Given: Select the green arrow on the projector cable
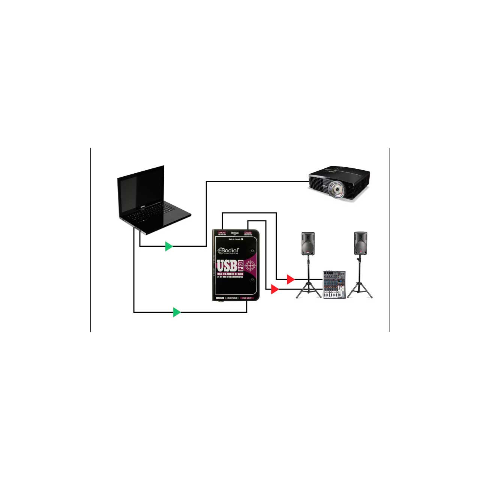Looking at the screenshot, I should pyautogui.click(x=169, y=246).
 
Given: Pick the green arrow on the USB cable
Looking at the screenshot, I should pyautogui.click(x=176, y=312).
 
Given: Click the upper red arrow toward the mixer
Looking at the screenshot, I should pyautogui.click(x=290, y=279).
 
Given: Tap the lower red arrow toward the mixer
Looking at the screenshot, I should pyautogui.click(x=274, y=289).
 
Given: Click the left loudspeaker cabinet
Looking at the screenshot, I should pyautogui.click(x=308, y=243).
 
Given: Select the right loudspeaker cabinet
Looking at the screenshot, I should pyautogui.click(x=360, y=243).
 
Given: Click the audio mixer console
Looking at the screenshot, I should pyautogui.click(x=334, y=285).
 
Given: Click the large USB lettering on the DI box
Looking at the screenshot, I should pyautogui.click(x=226, y=266).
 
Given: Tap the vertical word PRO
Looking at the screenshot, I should pyautogui.click(x=240, y=266).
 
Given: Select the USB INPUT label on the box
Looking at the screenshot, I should pyautogui.click(x=247, y=298).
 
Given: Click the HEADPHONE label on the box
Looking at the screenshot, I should pyautogui.click(x=232, y=298).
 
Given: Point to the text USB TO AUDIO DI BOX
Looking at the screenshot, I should pyautogui.click(x=230, y=274).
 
